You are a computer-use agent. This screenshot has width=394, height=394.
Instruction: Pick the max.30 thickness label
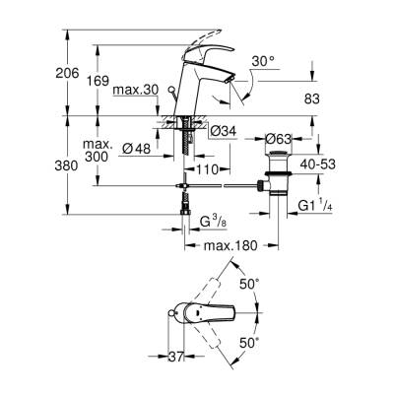pyautogui.click(x=134, y=92)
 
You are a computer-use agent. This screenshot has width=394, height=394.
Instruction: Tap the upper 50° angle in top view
pyautogui.click(x=251, y=284)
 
